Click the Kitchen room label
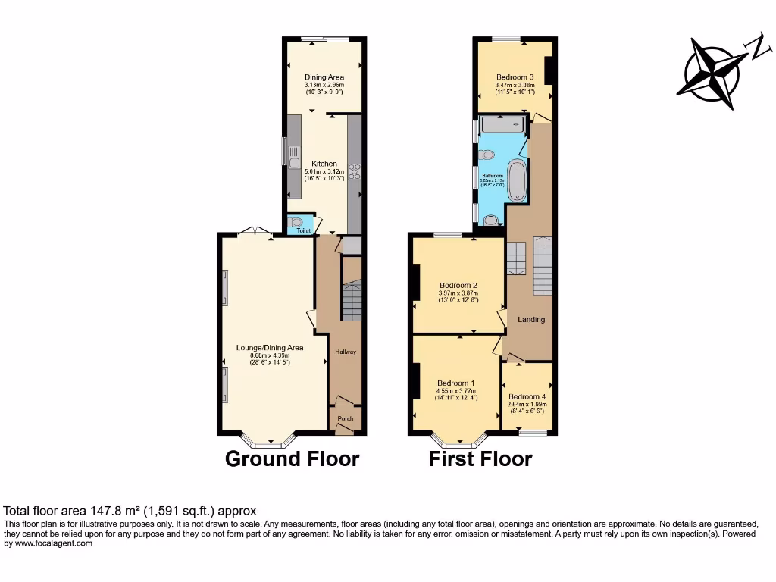coord(324,164)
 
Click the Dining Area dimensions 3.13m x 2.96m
coord(324,85)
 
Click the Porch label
coord(346,418)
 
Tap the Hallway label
coord(346,352)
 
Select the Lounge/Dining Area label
coord(270,348)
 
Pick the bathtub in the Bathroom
coord(516,181)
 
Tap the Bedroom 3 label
coord(515,77)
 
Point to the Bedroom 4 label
coord(527,397)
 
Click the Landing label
coord(531,320)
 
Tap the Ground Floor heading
coord(292,458)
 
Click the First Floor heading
coord(480,458)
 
